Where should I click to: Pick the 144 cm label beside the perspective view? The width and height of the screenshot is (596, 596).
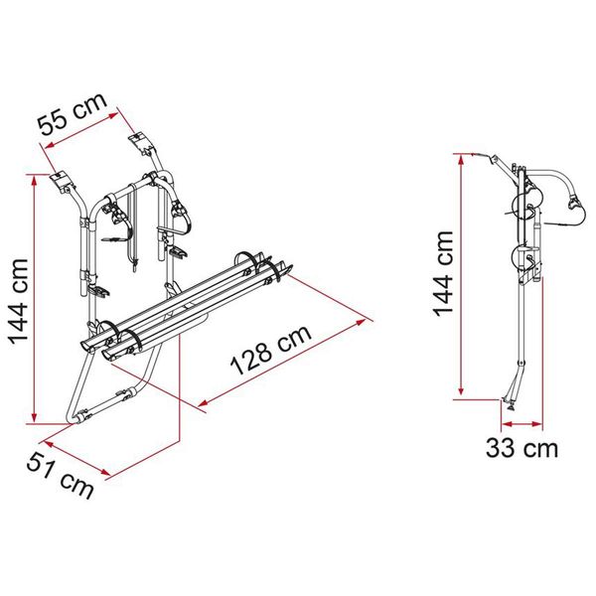point(17,298)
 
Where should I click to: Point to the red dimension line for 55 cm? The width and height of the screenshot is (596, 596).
point(87,125)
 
